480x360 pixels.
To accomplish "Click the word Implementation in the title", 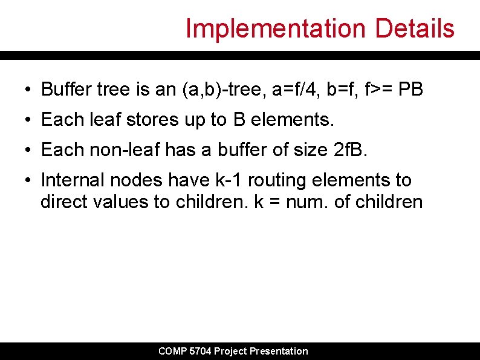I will coord(276,28).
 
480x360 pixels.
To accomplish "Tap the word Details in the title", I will coord(415,28).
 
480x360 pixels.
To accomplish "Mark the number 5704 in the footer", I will coord(199,351).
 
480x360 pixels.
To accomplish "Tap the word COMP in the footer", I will coord(172,351).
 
